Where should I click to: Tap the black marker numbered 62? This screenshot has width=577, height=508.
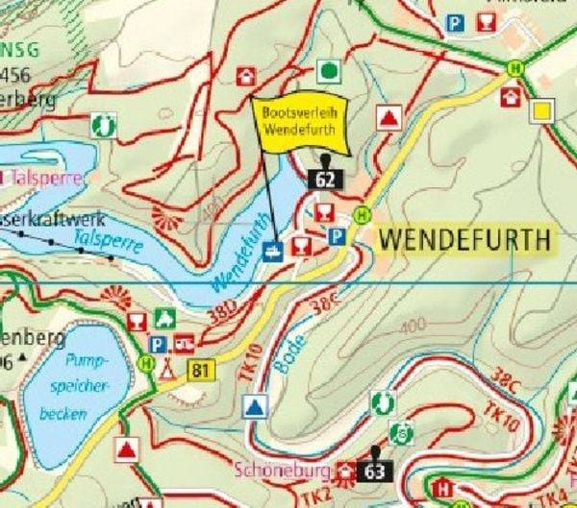pos(325,177)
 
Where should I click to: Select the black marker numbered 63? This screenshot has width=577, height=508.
pos(375,471)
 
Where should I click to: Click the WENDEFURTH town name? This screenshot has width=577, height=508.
pos(466,240)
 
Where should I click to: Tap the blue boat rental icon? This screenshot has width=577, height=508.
pos(273,252)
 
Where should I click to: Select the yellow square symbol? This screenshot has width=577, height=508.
pos(542,110)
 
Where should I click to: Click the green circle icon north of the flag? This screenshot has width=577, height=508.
pos(329,70)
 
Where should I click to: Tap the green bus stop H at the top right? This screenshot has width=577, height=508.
pos(516,68)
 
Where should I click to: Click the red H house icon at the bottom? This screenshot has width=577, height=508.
pos(443,489)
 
